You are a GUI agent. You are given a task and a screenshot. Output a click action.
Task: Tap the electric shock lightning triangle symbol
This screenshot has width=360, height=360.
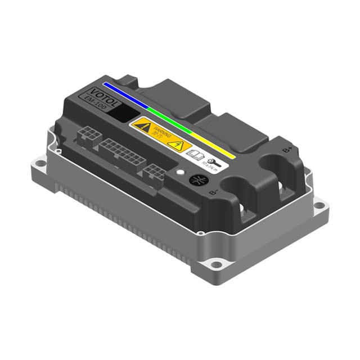click(x=175, y=145)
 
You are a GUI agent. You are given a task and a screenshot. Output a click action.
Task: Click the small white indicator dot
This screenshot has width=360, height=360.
click(x=179, y=173)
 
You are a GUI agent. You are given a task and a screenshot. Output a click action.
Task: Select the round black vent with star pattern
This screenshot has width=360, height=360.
click(x=197, y=181)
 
